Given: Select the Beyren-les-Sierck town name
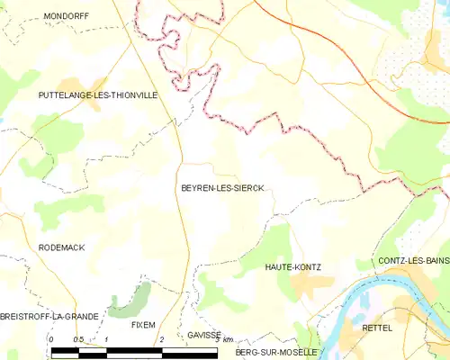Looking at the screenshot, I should (221, 188).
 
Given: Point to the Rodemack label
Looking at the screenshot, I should (62, 247).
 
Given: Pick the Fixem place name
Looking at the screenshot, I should (143, 324).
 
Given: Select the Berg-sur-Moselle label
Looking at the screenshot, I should (275, 352).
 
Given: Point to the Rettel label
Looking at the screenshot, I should (376, 328).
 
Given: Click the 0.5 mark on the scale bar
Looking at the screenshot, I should (78, 339).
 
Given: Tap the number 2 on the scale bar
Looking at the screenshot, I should (161, 339).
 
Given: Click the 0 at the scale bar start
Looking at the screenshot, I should (52, 339).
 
